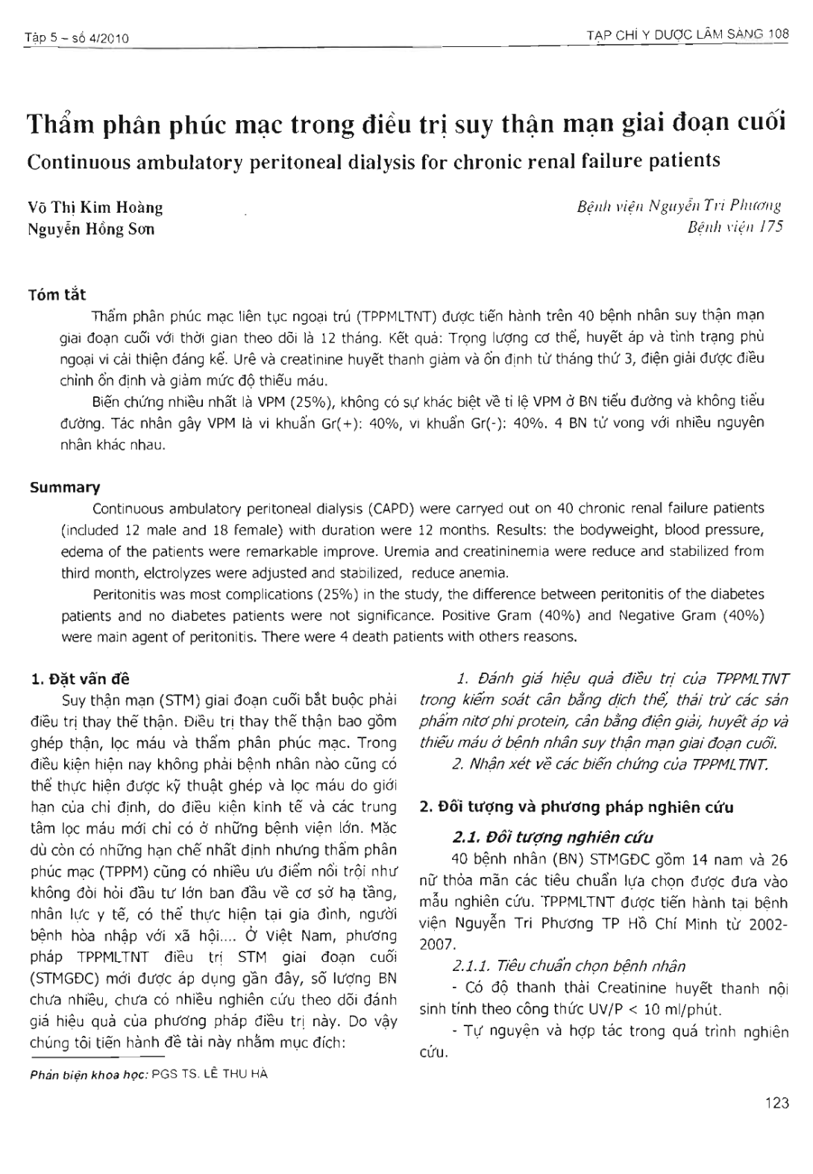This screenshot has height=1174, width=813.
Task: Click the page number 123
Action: [776, 1102]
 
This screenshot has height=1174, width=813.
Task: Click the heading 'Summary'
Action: [64, 487]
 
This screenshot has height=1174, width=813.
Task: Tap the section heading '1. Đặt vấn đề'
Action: [79, 679]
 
